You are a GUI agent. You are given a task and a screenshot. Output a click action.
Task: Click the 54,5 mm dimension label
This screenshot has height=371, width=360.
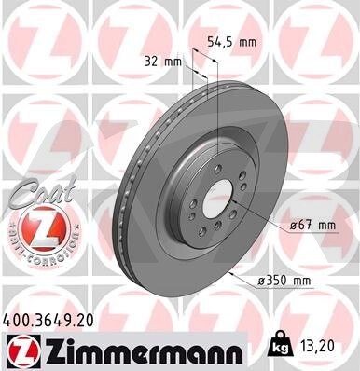pos(232,42)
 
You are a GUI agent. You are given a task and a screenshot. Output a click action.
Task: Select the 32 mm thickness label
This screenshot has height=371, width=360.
pos(162,62)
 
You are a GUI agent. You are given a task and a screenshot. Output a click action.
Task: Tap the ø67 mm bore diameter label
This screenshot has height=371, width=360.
pos(312,225)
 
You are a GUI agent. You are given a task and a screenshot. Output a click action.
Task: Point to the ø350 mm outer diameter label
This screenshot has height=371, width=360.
pos(284,281)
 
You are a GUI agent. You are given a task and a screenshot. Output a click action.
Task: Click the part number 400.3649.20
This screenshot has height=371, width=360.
pos(48,321)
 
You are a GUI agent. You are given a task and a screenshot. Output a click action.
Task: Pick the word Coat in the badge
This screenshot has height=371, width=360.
pos(44,192)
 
